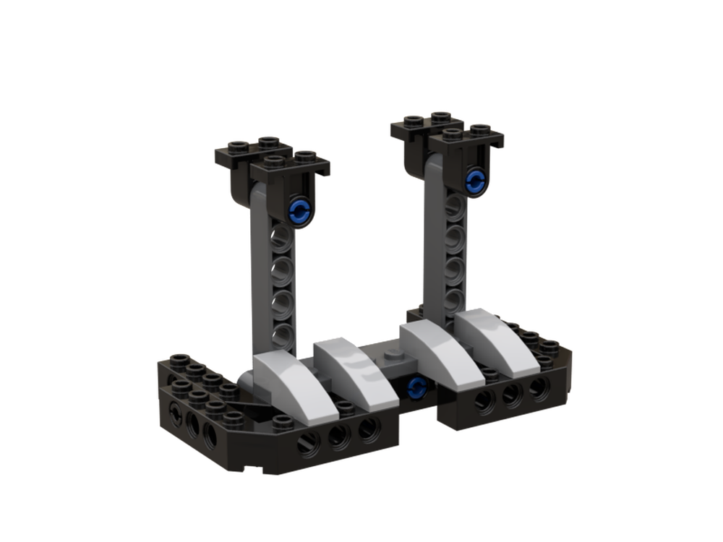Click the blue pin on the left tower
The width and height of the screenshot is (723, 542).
tap(299, 212)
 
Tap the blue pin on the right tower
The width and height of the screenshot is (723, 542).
tap(475, 180)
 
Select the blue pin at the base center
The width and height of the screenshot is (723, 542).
tap(416, 389)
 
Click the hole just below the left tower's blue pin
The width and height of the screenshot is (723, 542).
tap(283, 239)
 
